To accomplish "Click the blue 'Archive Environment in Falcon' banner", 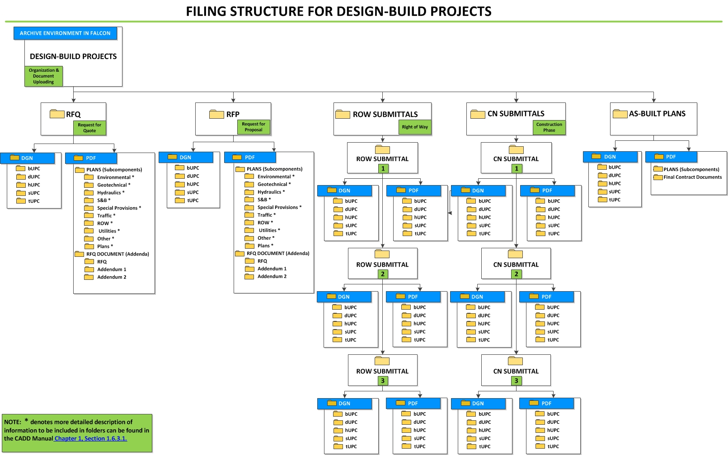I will [65, 33].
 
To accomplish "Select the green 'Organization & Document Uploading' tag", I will [43, 76].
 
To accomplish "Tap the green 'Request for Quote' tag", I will [89, 128].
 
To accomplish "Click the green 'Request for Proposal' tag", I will [254, 127].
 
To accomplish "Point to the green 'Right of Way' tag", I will [415, 127].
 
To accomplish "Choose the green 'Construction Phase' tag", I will [549, 127].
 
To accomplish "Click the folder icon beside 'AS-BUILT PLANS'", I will [620, 114].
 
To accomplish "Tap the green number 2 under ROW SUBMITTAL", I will [383, 274].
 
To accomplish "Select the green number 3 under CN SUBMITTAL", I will [517, 381].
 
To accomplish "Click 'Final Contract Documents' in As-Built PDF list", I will [692, 177].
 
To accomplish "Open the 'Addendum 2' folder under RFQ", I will [112, 277].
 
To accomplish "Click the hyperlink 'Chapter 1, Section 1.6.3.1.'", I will [90, 438].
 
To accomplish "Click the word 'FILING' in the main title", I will [206, 11].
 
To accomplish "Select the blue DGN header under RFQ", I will [27, 158].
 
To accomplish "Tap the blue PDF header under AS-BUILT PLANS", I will [671, 157].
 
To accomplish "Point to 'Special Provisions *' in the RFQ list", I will [119, 208].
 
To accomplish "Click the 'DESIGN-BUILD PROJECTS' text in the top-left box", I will [73, 56].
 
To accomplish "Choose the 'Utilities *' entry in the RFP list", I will [269, 230].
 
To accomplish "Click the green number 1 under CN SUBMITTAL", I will [517, 168].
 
